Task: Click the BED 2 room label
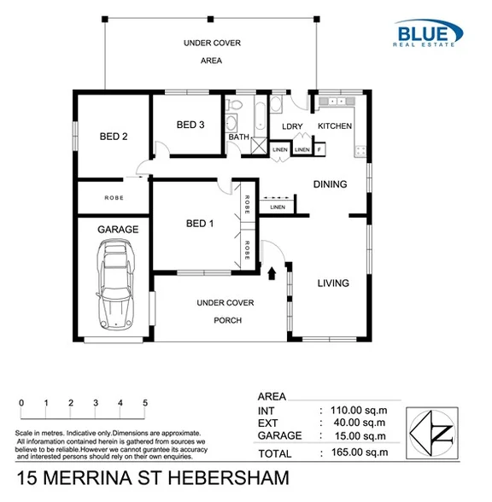113,136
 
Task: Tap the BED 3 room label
190,125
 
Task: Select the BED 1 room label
200,224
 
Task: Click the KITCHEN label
335,126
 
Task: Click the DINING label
330,184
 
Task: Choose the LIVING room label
333,283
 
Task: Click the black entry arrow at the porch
272,273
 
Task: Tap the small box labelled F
319,150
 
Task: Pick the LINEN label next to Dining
277,207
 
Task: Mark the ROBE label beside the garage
114,197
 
